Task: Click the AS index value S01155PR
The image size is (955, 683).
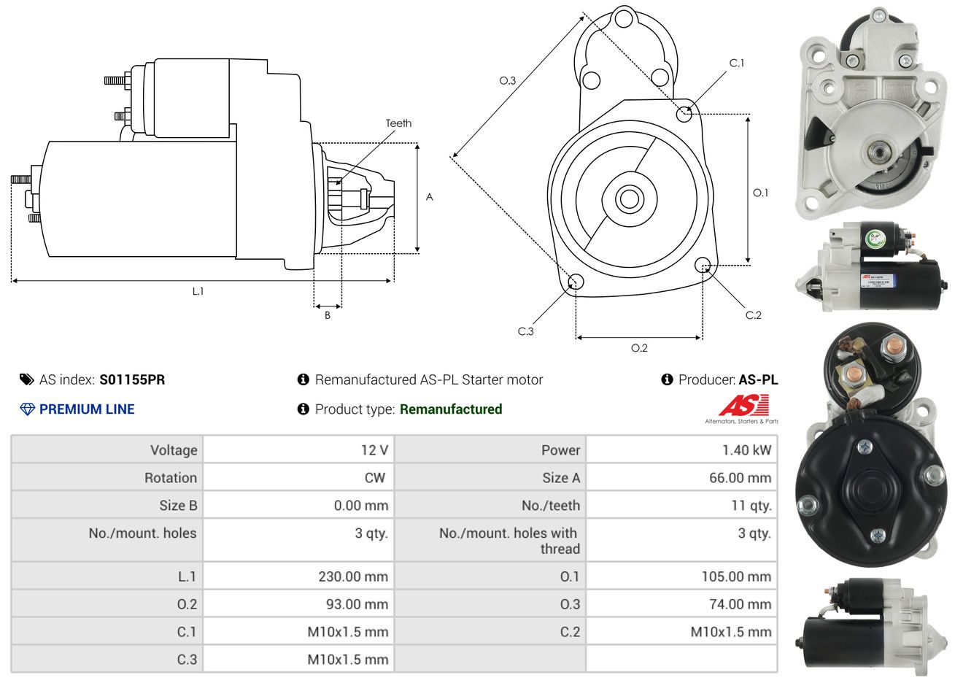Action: tap(132, 379)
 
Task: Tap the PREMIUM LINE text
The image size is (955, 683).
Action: tap(87, 409)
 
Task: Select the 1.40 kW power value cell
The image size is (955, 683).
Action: tap(746, 450)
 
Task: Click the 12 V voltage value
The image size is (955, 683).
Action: tap(374, 450)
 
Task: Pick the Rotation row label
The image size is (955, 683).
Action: tap(171, 478)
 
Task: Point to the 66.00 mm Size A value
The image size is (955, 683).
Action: tap(740, 478)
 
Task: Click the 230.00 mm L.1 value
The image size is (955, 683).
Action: tap(353, 576)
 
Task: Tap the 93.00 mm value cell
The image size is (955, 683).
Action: tap(357, 604)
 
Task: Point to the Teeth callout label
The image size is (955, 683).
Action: tap(398, 123)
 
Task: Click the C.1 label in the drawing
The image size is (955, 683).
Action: tap(737, 63)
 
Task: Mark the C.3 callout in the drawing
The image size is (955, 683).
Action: tap(525, 331)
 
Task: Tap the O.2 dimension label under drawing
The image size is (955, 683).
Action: tap(639, 348)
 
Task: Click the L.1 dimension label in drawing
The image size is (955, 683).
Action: tap(198, 291)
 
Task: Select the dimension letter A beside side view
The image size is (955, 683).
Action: tap(430, 197)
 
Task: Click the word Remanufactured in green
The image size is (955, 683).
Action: tap(451, 409)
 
